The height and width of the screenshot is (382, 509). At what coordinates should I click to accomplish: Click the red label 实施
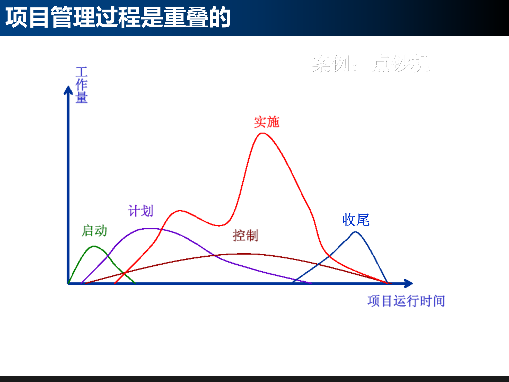(267, 122)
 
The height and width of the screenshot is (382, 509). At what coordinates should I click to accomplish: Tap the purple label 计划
(141, 211)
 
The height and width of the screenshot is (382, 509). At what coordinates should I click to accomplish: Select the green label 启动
(94, 231)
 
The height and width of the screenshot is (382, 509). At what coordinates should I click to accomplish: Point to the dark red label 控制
(245, 235)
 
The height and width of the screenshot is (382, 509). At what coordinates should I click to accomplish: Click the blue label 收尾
(356, 220)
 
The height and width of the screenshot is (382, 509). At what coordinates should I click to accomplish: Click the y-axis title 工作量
(81, 85)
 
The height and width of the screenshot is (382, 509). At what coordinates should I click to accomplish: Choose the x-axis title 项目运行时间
(406, 301)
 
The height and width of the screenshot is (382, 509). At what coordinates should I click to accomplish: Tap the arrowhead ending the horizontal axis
(408, 283)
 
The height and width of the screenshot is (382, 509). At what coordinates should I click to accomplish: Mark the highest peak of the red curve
(262, 133)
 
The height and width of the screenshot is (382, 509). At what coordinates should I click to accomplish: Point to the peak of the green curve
(94, 246)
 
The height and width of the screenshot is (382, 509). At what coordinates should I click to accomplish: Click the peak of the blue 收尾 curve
(355, 232)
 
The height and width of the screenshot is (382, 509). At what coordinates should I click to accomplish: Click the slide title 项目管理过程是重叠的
(118, 17)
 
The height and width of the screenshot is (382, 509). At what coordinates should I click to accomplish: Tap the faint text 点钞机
(401, 64)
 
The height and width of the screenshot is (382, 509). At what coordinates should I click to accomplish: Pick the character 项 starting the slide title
(16, 17)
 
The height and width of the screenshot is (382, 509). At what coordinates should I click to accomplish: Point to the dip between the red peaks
(219, 226)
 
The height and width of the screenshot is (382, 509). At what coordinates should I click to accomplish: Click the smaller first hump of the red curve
(180, 211)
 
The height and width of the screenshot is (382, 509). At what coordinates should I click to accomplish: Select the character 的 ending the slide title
(220, 17)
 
